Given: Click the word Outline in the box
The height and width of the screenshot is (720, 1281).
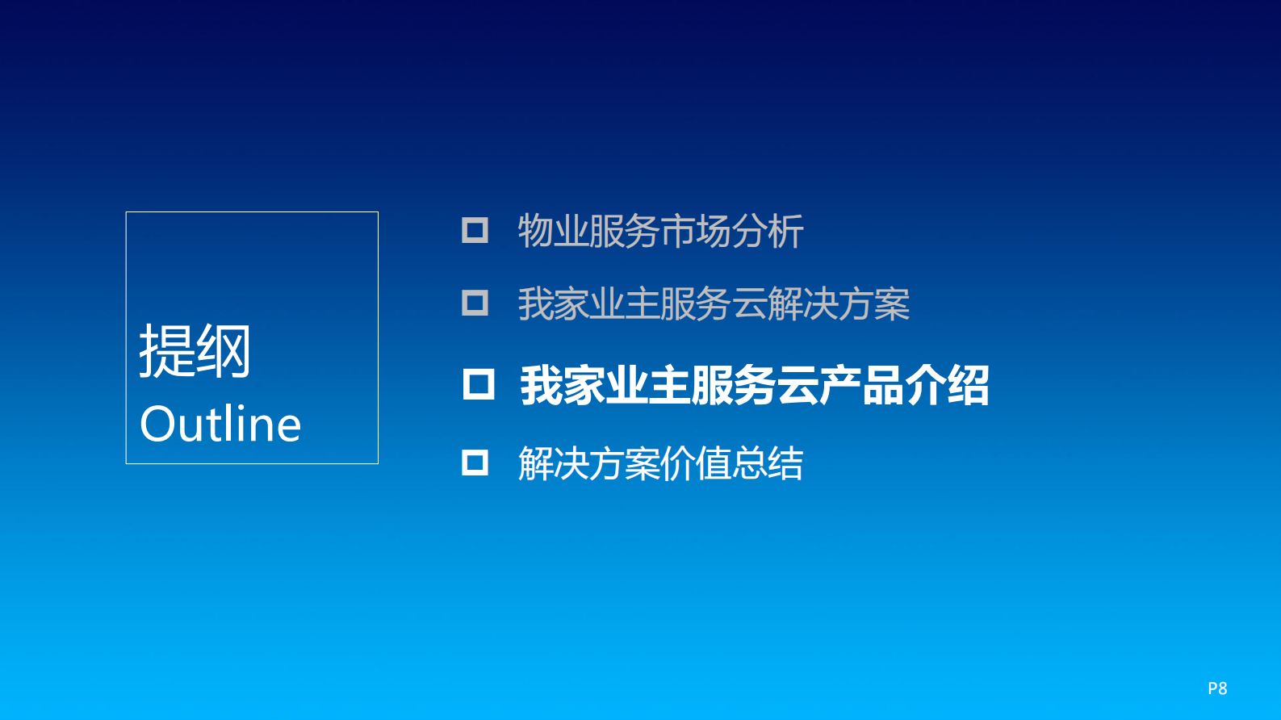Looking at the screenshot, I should coord(220,424).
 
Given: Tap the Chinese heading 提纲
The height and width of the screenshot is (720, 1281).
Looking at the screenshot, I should coord(195,351).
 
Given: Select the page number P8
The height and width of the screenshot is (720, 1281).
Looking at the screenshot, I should coord(1217,689).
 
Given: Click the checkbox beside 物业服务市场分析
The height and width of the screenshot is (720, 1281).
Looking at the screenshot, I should coord(475,230).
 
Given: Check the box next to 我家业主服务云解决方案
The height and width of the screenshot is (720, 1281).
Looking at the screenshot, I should coord(475,303).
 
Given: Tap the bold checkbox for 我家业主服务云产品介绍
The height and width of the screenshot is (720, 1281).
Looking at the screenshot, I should coord(479,384).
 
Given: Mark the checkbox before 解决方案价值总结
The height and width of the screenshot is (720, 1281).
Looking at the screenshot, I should coord(475,463).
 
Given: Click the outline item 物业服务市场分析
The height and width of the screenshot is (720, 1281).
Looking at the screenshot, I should coord(660,232).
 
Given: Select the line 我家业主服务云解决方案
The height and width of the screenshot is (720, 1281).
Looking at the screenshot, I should coord(714,304).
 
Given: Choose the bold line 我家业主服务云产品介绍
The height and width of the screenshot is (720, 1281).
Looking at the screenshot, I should coord(755,386).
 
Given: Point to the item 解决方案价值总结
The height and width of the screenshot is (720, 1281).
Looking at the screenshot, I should coord(660,464).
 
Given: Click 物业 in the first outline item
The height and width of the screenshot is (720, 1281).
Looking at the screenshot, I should coord(553,232).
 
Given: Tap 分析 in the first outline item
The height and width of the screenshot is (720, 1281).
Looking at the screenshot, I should coord(768,232).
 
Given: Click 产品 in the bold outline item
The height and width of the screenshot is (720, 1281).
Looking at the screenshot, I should coord(861,386).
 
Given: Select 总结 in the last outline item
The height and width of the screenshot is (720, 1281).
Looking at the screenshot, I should coord(768,464).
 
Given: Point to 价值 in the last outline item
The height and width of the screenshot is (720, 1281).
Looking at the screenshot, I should coord(696,464).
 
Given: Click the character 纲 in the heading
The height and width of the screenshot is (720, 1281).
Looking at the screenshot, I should coord(224,351).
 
